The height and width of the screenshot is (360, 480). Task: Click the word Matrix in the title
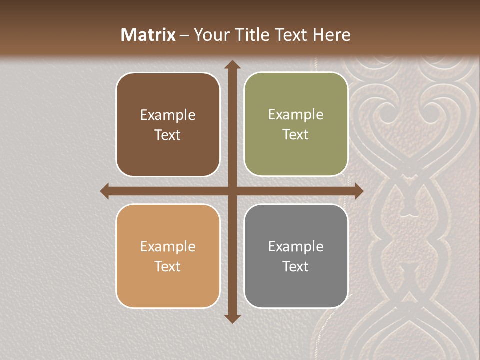pos(148,35)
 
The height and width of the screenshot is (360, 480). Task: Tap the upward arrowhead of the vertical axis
pos(232,64)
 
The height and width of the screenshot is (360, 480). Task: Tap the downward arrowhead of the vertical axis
pos(232,318)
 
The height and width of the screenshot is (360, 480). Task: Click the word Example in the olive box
pos(296,115)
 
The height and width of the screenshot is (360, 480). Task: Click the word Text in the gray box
pos(296,266)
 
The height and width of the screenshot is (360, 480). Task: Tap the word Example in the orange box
pos(168,246)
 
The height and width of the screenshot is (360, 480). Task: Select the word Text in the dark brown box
pos(168,135)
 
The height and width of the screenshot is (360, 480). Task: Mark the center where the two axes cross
pos(232,191)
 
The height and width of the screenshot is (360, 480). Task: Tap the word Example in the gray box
pos(296,246)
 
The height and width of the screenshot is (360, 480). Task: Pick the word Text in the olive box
pos(296,134)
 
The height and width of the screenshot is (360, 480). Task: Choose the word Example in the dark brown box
pos(168,115)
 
